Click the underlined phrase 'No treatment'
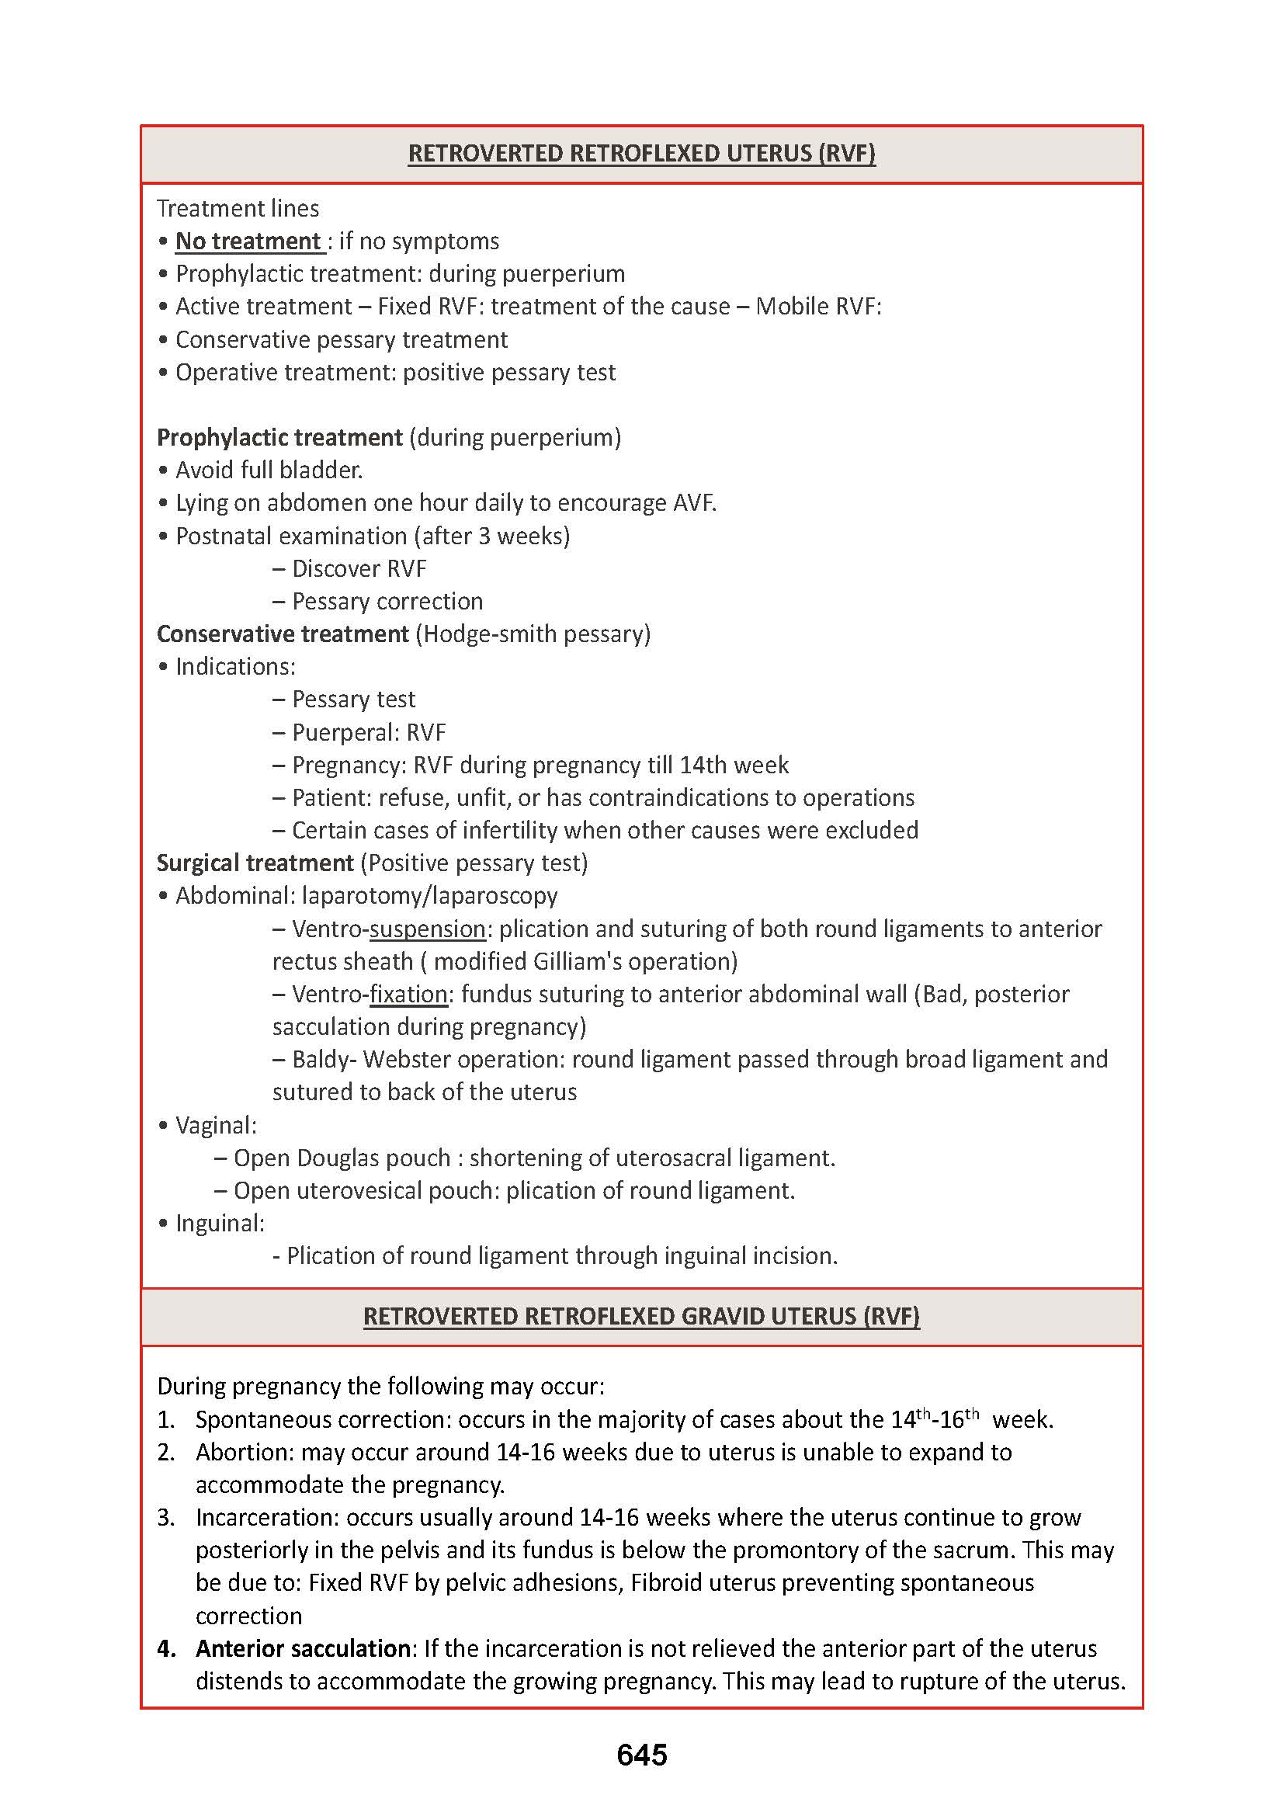point(248,241)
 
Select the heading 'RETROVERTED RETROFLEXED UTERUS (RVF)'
point(641,154)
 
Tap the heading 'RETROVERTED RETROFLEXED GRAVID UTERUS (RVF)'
point(641,1316)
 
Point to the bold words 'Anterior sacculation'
point(303,1648)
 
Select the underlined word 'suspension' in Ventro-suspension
point(427,929)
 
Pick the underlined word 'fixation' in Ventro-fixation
point(408,995)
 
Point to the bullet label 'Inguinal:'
point(220,1224)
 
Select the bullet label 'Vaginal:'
point(216,1126)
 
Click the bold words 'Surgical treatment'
point(255,863)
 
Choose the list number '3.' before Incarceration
point(165,1518)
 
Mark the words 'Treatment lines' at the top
point(238,209)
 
